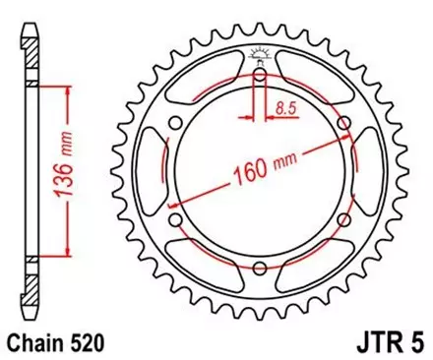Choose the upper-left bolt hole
[175, 122]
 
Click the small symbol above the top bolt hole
[259, 51]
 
